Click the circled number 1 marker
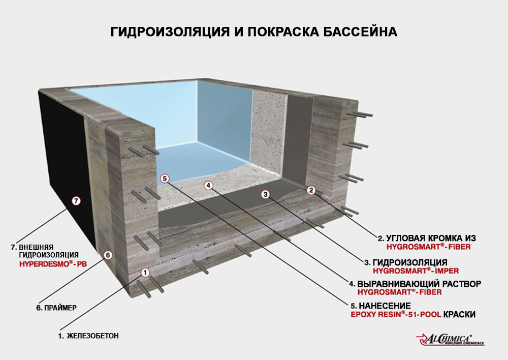click(x=145, y=273)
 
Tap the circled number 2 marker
click(x=312, y=190)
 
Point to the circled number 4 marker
click(x=209, y=185)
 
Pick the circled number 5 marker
click(x=164, y=178)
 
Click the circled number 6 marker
click(x=107, y=255)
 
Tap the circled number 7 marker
click(x=76, y=201)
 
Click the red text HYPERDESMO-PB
click(x=48, y=265)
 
